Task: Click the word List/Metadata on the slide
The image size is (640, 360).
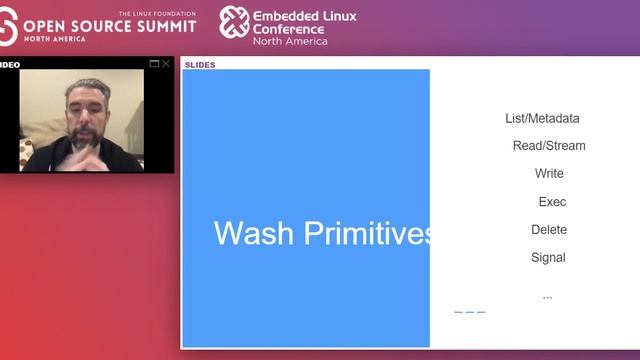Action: pos(542,118)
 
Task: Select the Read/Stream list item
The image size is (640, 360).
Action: pos(549,146)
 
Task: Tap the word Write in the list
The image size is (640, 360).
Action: pos(549,174)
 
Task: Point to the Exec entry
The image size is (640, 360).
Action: pos(552,202)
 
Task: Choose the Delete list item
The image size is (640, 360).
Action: pos(549,230)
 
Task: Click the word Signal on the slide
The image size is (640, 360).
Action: pos(548,258)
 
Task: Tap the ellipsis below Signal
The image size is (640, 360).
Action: pos(547,296)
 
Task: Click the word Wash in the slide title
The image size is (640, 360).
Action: pos(254,234)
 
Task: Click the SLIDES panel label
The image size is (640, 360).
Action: pos(200,65)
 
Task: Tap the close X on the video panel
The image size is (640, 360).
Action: pos(166,64)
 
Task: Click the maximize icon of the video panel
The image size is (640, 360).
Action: pos(154,64)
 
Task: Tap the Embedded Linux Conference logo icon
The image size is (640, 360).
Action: pos(234,22)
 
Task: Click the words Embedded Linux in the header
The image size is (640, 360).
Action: pos(305,17)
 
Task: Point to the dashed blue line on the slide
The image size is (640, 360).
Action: pos(470,313)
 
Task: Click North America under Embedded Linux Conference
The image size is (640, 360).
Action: pos(290,41)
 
